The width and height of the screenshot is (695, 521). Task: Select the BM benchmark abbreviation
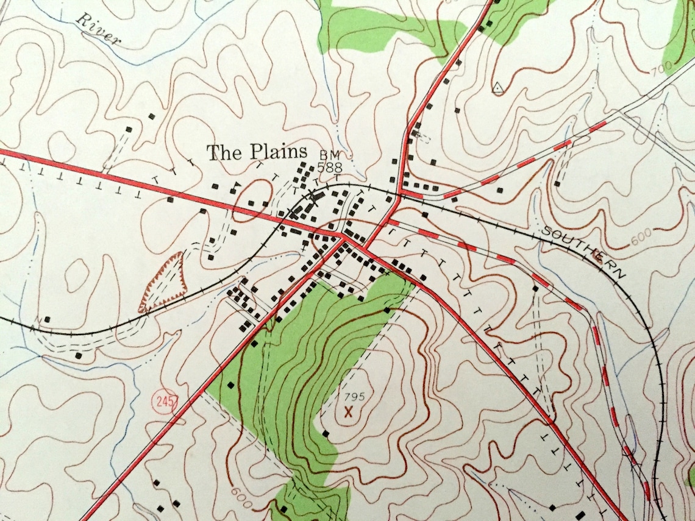[330, 155]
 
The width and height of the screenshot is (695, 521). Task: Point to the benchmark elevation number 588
[329, 166]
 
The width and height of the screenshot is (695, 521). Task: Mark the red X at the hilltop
[349, 413]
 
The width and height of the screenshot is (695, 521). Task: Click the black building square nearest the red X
[326, 434]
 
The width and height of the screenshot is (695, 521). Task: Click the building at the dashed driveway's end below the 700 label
[557, 183]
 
